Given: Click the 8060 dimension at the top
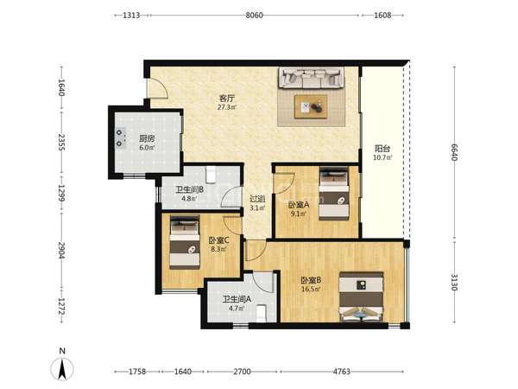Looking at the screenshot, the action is click(x=254, y=16).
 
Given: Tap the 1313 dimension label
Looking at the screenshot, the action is click(x=131, y=16).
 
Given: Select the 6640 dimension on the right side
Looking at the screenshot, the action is click(x=454, y=152).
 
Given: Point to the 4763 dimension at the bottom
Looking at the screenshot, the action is click(x=341, y=372).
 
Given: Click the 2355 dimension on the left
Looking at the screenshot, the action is click(x=61, y=142).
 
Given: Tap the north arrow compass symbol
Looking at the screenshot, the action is click(x=62, y=368).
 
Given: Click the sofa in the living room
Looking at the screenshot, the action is click(x=311, y=78).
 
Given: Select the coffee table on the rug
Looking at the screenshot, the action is click(x=311, y=106).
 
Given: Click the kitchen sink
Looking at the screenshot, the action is click(x=120, y=138).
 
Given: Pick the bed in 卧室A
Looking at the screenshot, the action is click(x=334, y=193).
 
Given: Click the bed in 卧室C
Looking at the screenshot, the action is click(x=185, y=242).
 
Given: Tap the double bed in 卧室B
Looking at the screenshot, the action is click(x=362, y=297).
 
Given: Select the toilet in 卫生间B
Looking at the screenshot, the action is click(x=211, y=175).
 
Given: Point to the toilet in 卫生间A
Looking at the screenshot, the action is click(x=262, y=313).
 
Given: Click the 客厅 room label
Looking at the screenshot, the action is click(x=227, y=99).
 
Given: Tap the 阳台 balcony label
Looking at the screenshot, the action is click(x=382, y=149).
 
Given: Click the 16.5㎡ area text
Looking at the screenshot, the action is click(x=311, y=290).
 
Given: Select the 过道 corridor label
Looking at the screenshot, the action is click(x=257, y=199).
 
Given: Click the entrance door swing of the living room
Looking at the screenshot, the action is click(x=158, y=88).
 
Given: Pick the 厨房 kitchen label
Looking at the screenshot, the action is click(x=147, y=139).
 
